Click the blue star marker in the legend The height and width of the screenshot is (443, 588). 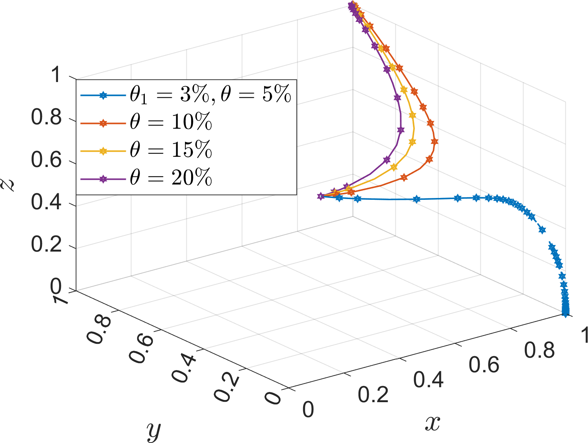pos(103,96)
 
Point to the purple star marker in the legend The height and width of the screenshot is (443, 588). pos(103,179)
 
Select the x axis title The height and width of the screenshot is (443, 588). pos(433,423)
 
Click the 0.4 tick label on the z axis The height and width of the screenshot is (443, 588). pos(46,202)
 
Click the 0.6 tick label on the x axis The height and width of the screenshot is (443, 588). pos(484,365)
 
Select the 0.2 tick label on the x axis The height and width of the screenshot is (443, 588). pos(373,395)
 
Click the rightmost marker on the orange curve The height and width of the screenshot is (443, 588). pos(434,141)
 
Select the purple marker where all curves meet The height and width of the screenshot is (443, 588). pos(321,196)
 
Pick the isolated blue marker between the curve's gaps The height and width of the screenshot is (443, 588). pos(542,230)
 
